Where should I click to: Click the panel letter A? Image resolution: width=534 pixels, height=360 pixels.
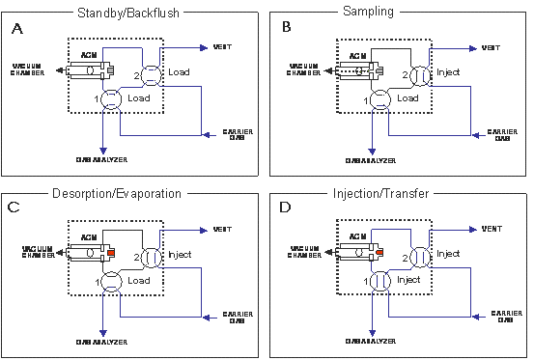coord(17,28)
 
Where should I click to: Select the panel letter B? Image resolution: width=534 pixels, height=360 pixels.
coord(286,28)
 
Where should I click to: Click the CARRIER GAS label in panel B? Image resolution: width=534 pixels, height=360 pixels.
coord(502,134)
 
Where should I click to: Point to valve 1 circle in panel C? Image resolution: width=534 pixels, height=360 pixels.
coord(112,280)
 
